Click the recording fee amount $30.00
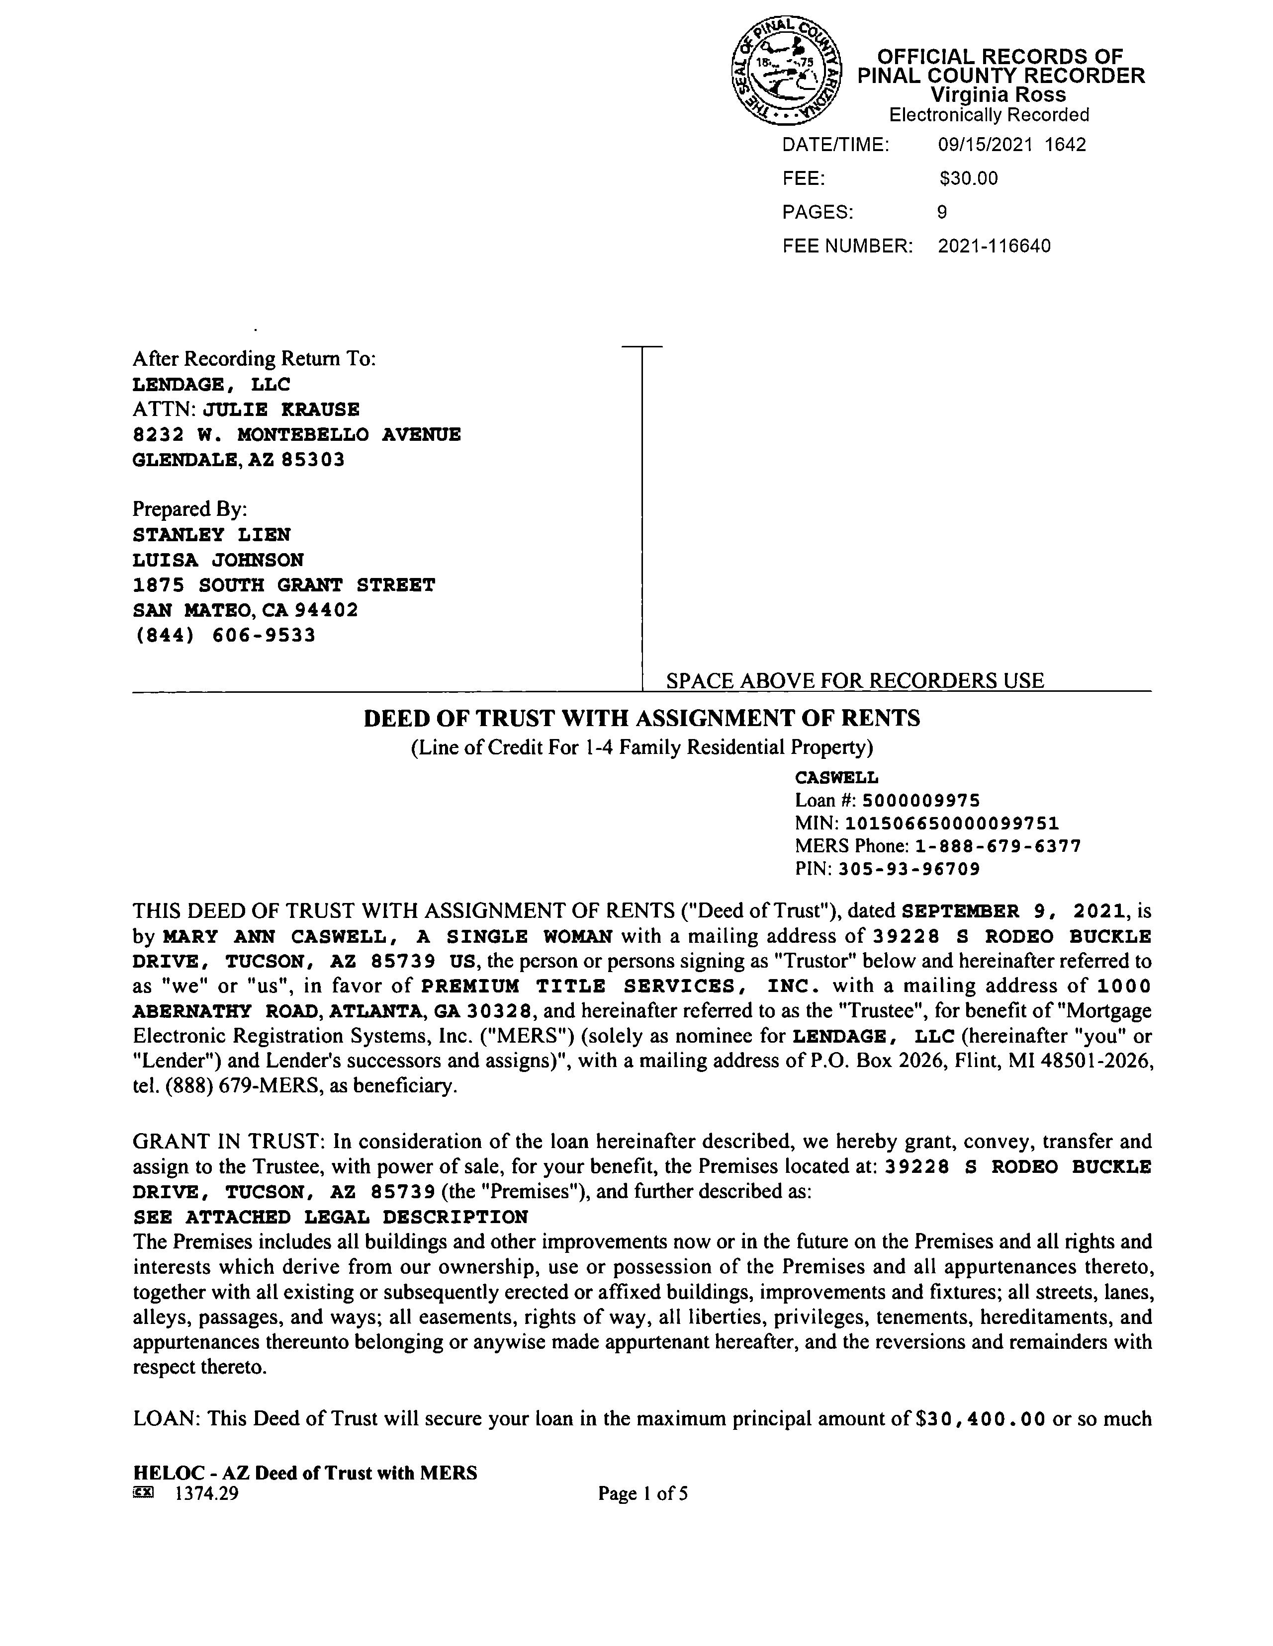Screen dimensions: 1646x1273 (968, 178)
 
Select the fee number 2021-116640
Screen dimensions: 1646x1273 (994, 247)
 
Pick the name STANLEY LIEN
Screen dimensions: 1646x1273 (211, 535)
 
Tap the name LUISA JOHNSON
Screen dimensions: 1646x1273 (218, 560)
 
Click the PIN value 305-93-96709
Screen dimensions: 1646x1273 (909, 870)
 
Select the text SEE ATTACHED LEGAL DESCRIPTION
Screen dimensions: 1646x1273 (330, 1217)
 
